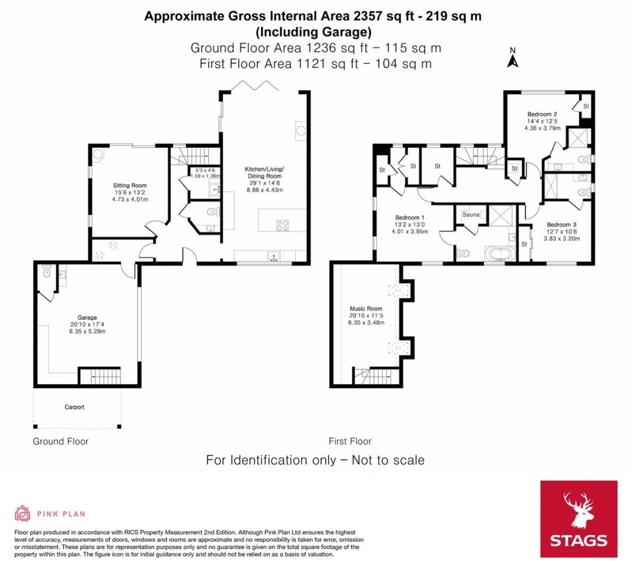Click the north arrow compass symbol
512,59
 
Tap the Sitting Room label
129,185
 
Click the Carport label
74,407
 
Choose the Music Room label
366,308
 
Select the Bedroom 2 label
542,114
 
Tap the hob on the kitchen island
283,226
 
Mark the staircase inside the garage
99,375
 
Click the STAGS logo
578,519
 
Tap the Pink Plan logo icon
22,513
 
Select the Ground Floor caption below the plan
60,441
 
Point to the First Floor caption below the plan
349,441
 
